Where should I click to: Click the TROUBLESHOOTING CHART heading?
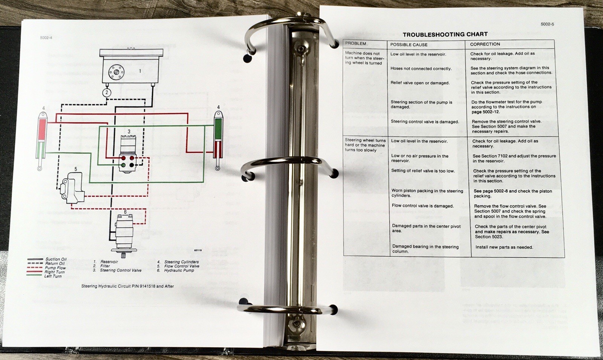click(x=445, y=34)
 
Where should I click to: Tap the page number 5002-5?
click(x=547, y=24)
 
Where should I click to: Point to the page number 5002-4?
click(x=46, y=38)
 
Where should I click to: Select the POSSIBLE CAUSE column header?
click(x=409, y=45)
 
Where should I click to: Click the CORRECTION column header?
click(x=485, y=44)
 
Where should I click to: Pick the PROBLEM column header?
click(x=356, y=44)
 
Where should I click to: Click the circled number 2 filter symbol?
click(x=107, y=93)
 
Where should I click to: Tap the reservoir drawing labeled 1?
click(x=131, y=66)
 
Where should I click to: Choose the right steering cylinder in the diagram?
click(x=218, y=140)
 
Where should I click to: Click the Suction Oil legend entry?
click(x=47, y=259)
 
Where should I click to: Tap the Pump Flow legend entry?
click(x=46, y=268)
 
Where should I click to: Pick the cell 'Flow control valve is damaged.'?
click(x=422, y=206)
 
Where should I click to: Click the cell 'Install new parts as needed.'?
click(x=504, y=247)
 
